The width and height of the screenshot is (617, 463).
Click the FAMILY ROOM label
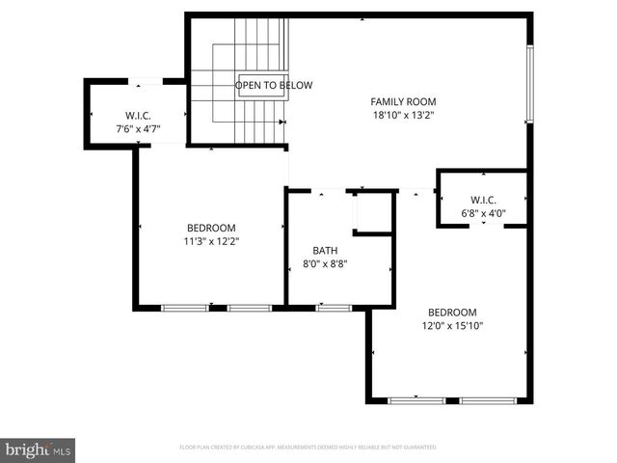tap(404, 101)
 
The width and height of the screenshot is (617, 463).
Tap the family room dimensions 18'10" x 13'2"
tap(404, 115)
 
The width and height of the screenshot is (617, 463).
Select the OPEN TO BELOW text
tap(275, 86)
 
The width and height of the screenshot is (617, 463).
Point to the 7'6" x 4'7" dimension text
tap(139, 127)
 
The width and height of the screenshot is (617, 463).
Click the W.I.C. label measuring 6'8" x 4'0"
tap(483, 200)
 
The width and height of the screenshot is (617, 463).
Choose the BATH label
tap(325, 250)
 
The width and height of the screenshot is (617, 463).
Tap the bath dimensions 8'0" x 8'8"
tap(325, 263)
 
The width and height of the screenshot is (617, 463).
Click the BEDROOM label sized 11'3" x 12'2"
tap(211, 228)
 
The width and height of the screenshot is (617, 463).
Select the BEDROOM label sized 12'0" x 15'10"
tap(453, 313)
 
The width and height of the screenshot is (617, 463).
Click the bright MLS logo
tap(40, 449)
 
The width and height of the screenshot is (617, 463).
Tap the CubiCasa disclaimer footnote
tap(308, 448)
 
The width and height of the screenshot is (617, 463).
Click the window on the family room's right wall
tap(528, 84)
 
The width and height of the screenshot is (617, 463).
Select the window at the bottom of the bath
tap(334, 308)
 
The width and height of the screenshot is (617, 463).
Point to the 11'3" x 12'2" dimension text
tap(211, 241)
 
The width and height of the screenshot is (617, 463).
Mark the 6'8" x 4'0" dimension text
tap(483, 213)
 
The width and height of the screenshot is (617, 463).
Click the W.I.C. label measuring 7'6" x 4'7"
tap(139, 114)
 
